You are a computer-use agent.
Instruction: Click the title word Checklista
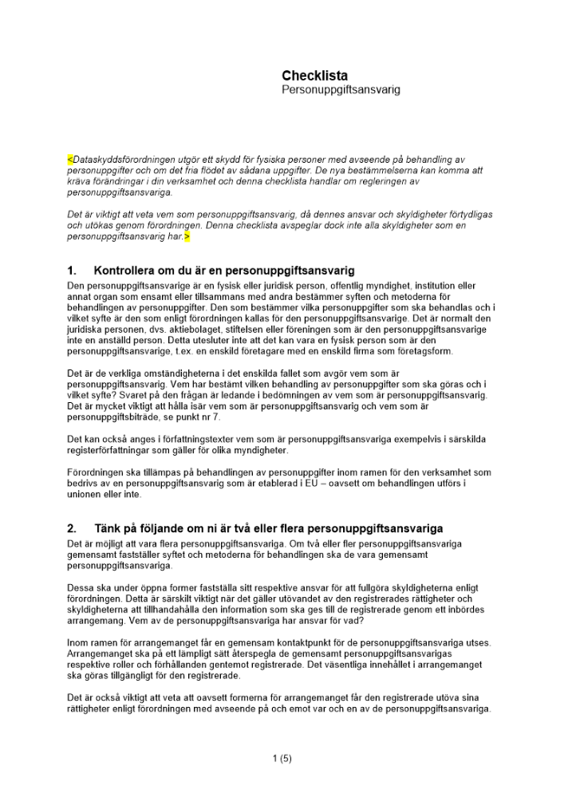pos(315,76)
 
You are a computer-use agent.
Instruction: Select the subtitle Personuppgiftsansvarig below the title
pos(341,90)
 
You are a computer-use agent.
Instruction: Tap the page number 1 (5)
pos(282,759)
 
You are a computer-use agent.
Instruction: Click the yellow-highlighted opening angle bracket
pos(69,160)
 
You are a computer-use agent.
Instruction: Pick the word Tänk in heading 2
pos(108,529)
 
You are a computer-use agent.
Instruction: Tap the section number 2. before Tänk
pos(73,529)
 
